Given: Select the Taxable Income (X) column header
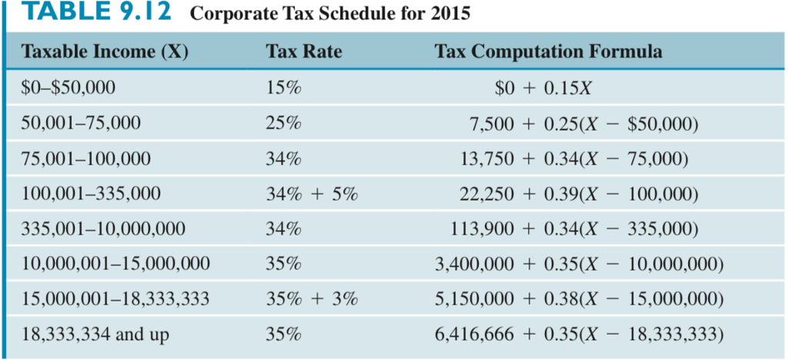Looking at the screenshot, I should pyautogui.click(x=105, y=52).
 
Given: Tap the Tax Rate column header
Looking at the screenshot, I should pyautogui.click(x=303, y=52).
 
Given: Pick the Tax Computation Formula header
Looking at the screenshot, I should pyautogui.click(x=547, y=52).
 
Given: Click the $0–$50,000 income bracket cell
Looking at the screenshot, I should pyautogui.click(x=68, y=87).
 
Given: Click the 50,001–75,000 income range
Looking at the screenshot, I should pyautogui.click(x=81, y=122).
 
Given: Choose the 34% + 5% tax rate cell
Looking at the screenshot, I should pyautogui.click(x=312, y=194).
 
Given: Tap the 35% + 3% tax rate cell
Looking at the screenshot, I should pyautogui.click(x=312, y=299).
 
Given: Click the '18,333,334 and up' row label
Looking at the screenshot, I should pyautogui.click(x=95, y=335).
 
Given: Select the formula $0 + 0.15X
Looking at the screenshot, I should pyautogui.click(x=543, y=87).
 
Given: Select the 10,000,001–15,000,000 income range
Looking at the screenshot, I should pyautogui.click(x=116, y=265).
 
